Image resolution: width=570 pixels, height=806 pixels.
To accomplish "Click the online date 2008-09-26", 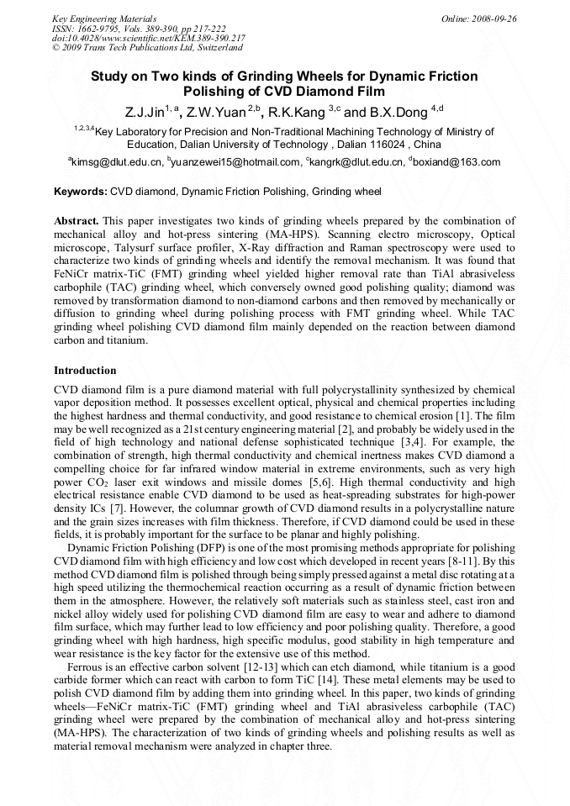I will coord(493,18).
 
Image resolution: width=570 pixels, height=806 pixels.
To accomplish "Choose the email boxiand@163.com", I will coord(457,162).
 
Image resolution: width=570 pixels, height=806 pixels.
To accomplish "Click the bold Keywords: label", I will coord(81,192).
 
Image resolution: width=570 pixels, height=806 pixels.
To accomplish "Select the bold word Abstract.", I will coord(77,220).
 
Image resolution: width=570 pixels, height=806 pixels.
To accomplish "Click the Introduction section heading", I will coord(85,371).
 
